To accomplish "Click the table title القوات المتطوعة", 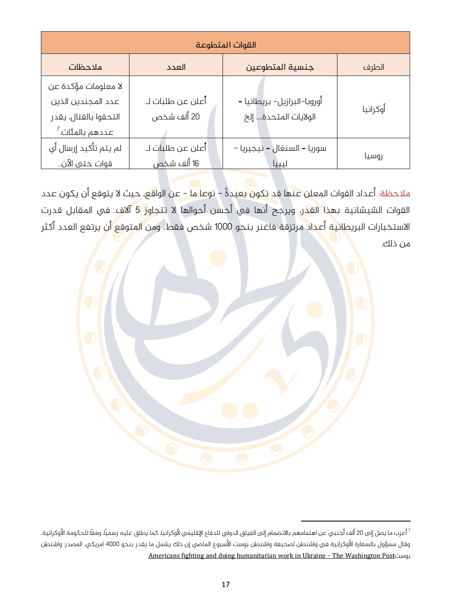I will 225,45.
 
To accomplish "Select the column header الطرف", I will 373,67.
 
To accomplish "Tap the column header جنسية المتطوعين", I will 279,67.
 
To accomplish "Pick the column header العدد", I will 176,67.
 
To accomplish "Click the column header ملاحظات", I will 85,67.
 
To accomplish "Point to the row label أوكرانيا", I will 374,109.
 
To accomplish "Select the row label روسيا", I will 373,156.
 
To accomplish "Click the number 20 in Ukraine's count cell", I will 195,117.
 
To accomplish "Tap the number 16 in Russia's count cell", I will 195,163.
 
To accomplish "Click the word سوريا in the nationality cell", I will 317,148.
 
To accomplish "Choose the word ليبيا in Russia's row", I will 280,163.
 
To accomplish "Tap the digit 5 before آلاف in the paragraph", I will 137,210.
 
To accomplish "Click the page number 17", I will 225,584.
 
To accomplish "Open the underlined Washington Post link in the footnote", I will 271,556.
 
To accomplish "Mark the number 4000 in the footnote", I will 112,544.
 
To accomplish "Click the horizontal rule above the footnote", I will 355,521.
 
